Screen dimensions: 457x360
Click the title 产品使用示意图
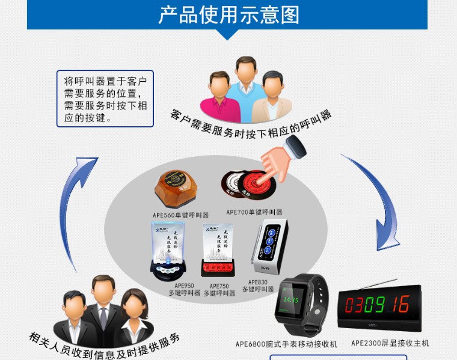coord(228,14)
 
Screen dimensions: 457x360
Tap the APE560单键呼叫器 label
coord(180,215)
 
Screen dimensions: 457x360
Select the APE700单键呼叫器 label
coord(254,212)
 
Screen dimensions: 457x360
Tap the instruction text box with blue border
coord(105,99)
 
